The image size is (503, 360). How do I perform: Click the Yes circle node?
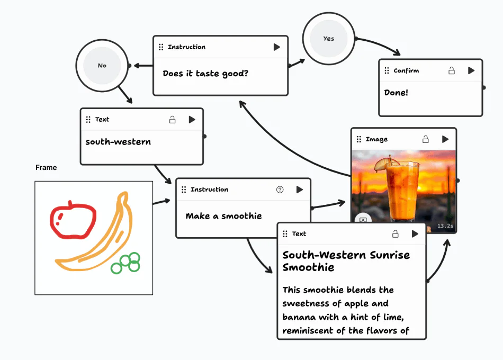point(328,39)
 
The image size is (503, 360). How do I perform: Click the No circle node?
point(102,66)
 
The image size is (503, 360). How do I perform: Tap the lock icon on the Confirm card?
point(452,70)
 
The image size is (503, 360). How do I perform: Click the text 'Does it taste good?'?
point(205,74)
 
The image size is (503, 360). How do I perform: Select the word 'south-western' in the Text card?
point(118,142)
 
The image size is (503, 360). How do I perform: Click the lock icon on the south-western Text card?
point(172,120)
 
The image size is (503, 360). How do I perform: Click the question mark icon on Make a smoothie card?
point(280,190)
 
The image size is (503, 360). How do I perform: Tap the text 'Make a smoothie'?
point(223,216)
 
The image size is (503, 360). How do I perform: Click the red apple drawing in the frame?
point(73,219)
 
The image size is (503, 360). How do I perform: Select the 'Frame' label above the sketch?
point(46,167)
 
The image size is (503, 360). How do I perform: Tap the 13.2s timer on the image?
point(445,226)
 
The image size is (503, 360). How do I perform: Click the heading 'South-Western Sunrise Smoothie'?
point(346,261)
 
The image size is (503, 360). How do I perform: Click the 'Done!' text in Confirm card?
point(396,93)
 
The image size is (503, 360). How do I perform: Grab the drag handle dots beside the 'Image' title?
point(359,139)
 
